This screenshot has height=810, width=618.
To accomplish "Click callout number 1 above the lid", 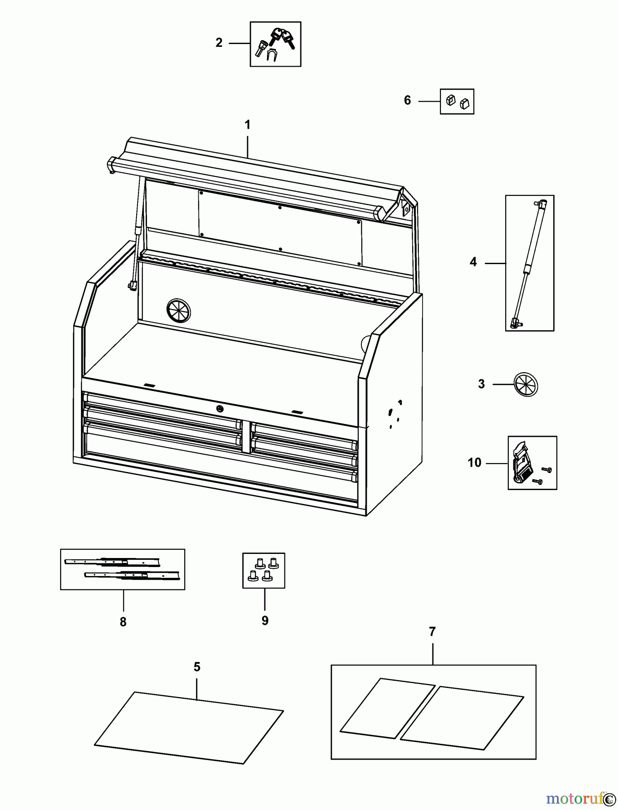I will point(247,125).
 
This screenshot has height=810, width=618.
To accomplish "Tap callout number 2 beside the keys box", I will point(219,43).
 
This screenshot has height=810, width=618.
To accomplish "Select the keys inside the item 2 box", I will point(282,38).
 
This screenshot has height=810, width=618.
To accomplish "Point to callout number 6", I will point(407,100).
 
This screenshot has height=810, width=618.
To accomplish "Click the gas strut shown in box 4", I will point(529,263).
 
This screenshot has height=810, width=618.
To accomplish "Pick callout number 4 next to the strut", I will point(473,262).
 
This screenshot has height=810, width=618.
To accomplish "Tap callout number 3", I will point(481,384).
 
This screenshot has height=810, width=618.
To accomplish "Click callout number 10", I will point(474,463).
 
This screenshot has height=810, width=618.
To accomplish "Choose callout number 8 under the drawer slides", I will point(123,622).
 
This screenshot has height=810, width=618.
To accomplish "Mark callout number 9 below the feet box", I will point(265,621).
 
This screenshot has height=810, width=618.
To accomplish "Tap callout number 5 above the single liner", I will point(197,667).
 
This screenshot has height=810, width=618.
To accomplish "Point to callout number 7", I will point(432,632).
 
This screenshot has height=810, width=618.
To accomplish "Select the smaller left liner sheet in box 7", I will point(387,708).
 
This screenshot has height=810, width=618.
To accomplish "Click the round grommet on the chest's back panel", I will point(178,310).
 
